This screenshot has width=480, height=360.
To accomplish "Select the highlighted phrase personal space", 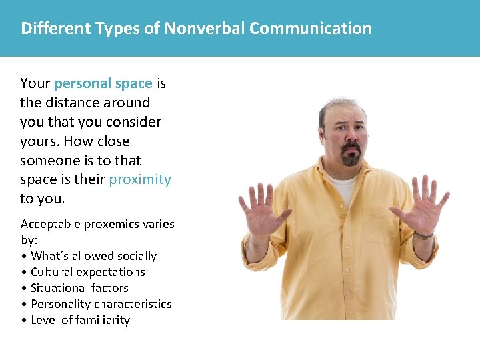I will (x=103, y=83).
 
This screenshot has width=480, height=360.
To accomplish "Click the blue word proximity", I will (x=140, y=179).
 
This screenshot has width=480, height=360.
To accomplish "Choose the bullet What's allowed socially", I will (x=93, y=256).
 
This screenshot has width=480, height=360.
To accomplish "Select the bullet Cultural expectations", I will (x=87, y=272).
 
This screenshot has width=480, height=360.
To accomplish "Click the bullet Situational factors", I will (x=79, y=288).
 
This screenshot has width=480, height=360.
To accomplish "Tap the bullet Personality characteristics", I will (x=101, y=304).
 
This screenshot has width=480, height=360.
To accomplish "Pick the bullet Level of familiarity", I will (x=80, y=320).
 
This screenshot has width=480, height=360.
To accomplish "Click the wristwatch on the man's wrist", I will (x=423, y=234).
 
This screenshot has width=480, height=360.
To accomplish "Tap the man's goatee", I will (x=351, y=157).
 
